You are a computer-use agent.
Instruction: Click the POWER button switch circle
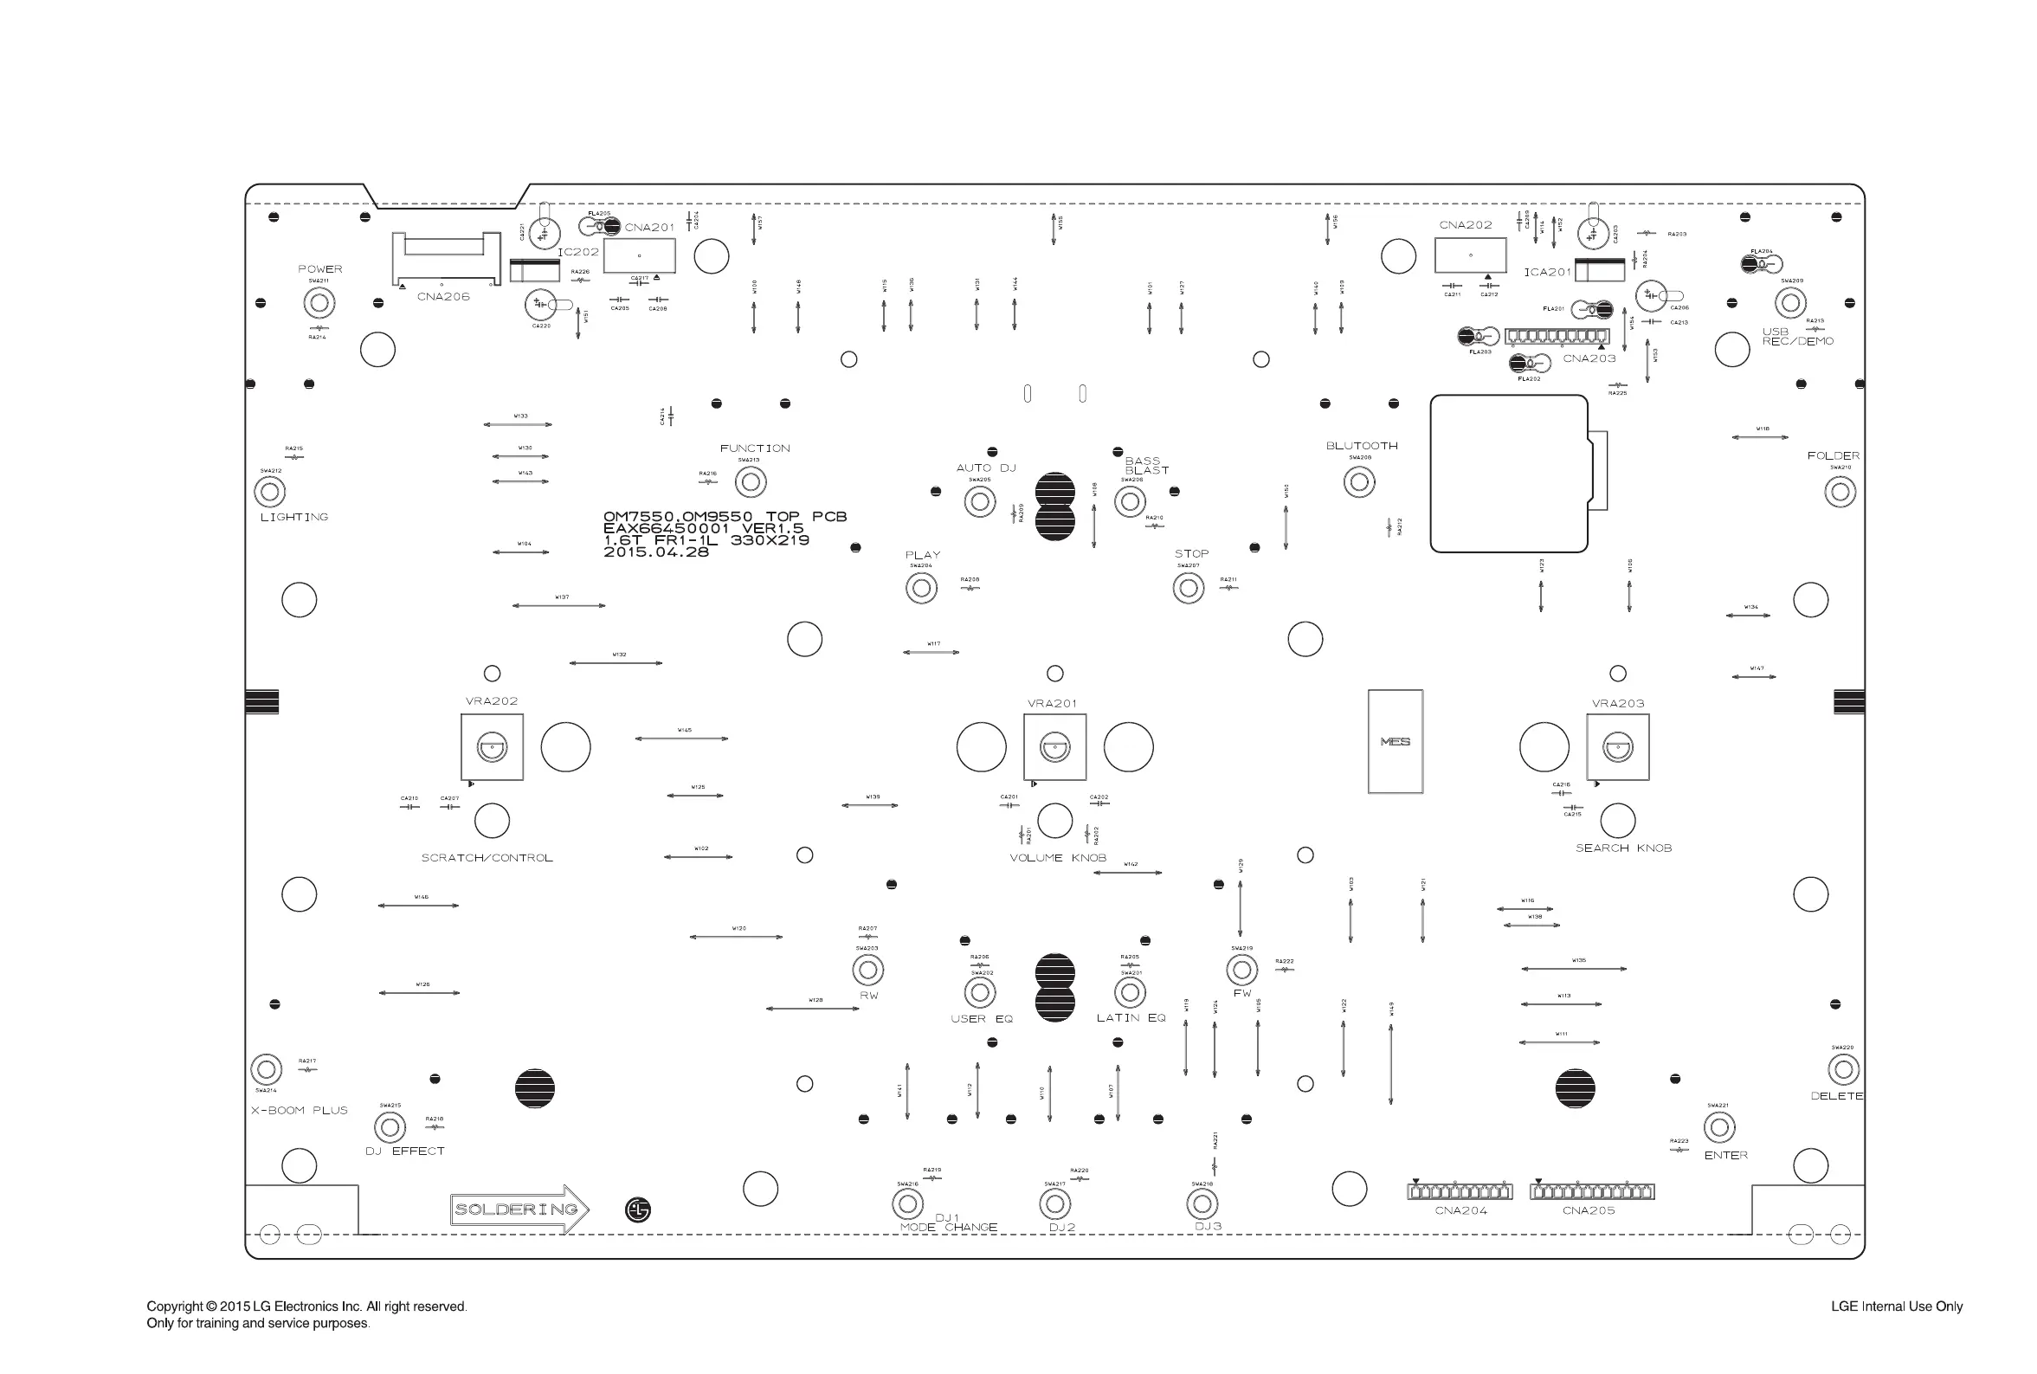tap(319, 303)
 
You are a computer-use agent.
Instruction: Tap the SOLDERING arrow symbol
tap(519, 1210)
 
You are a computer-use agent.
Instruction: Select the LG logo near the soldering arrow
tap(638, 1210)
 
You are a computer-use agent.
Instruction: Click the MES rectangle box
tap(1395, 741)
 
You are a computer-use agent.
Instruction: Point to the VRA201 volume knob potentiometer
tap(1054, 747)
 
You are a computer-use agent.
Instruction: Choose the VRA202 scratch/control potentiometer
tap(493, 747)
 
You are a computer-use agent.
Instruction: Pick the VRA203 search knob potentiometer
tap(1617, 747)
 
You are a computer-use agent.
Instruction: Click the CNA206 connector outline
tap(446, 260)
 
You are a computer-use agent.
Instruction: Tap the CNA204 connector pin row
tap(1460, 1191)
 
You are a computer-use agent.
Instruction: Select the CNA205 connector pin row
tap(1592, 1191)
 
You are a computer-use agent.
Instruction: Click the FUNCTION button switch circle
tap(750, 481)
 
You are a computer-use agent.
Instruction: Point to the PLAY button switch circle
tap(921, 588)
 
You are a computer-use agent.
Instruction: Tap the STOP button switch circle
tap(1188, 588)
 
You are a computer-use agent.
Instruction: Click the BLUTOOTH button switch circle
tap(1359, 481)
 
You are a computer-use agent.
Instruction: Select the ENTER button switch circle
tap(1719, 1128)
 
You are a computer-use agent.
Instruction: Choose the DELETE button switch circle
tap(1843, 1069)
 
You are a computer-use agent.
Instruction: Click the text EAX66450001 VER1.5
tap(703, 528)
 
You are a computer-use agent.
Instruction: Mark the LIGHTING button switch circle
tap(270, 492)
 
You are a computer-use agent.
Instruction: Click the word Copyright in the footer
tap(175, 1306)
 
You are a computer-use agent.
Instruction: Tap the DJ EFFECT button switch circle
tap(390, 1128)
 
